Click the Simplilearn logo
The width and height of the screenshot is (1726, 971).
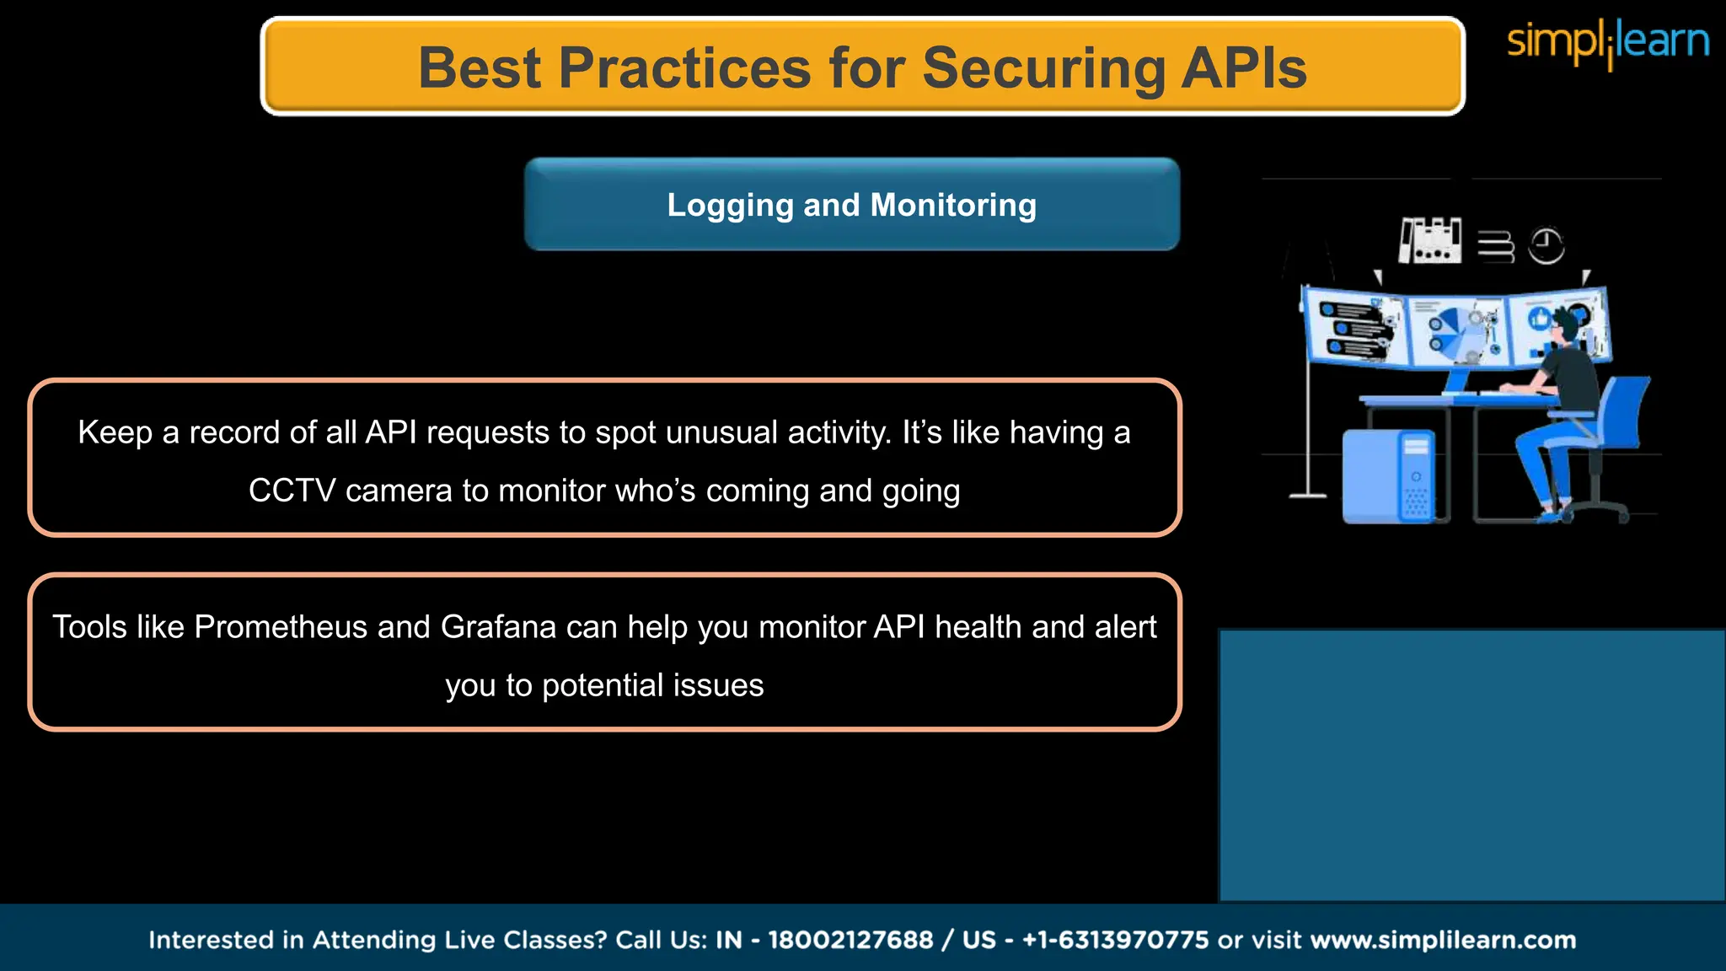pos(1607,42)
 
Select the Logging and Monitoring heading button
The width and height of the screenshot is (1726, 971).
pos(851,205)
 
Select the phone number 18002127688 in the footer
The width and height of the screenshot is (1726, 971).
pos(850,940)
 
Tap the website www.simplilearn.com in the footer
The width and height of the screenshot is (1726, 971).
pos(1443,940)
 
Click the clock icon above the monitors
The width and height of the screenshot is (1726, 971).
pos(1546,246)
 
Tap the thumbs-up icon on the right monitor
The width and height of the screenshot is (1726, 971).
pos(1540,319)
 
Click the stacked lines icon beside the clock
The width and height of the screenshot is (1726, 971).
pos(1495,247)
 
